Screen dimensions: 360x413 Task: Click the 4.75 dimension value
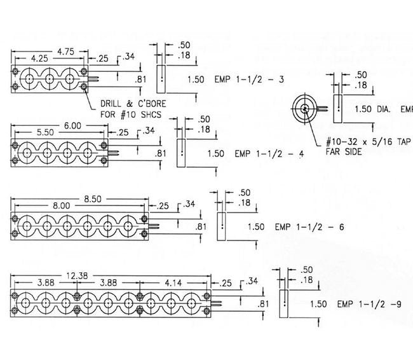pos(67,50)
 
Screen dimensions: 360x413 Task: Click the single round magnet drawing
pos(306,109)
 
